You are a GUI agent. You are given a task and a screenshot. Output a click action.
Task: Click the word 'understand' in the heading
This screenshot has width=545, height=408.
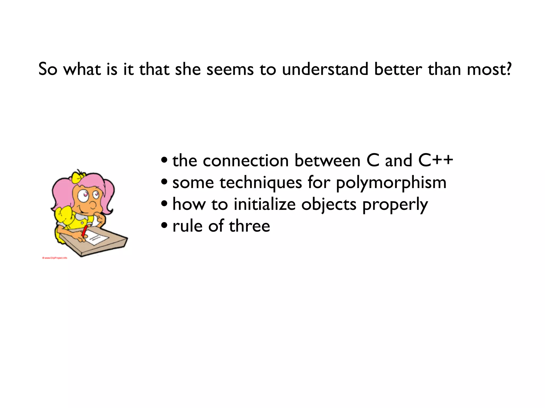pos(325,69)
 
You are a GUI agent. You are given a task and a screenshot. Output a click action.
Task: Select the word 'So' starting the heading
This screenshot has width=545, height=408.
pos(48,69)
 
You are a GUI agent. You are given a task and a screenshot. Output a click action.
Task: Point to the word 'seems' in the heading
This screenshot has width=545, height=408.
pos(230,69)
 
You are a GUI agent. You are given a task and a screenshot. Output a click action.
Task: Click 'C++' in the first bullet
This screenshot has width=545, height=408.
pos(435,160)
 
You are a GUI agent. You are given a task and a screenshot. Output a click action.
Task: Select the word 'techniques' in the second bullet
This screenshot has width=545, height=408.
pos(261,183)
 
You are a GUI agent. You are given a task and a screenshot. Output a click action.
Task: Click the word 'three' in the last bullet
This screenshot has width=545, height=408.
pos(249,226)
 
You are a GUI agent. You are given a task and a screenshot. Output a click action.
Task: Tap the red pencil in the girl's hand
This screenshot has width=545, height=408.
pos(85,231)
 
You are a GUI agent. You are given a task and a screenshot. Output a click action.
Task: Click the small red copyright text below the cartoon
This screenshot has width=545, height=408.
pos(55,258)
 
